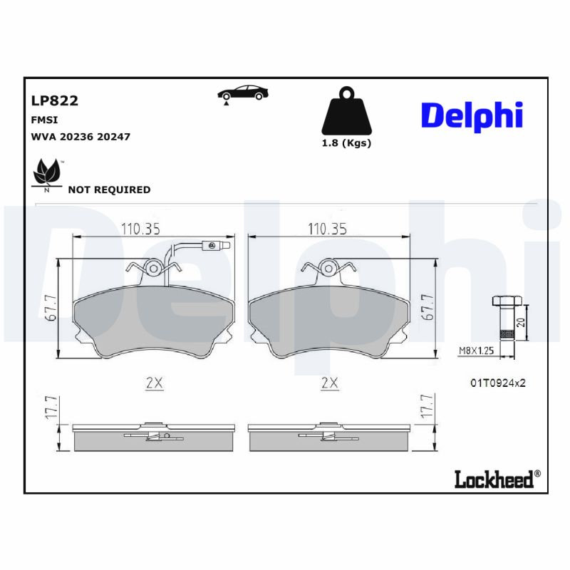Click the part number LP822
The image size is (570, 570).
pyautogui.click(x=55, y=100)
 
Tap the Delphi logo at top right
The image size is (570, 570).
pyautogui.click(x=472, y=115)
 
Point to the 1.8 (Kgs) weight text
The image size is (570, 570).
pyautogui.click(x=347, y=142)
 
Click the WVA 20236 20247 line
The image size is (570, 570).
pyautogui.click(x=80, y=136)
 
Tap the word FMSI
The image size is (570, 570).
pyautogui.click(x=44, y=120)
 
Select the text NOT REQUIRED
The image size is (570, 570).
pyautogui.click(x=109, y=190)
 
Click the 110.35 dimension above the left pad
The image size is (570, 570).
pyautogui.click(x=140, y=229)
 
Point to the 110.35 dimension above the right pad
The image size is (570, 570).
pyautogui.click(x=327, y=229)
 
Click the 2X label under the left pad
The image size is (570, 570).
pyautogui.click(x=154, y=383)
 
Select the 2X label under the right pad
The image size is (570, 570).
pyautogui.click(x=328, y=383)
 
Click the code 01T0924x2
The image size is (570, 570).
pyautogui.click(x=497, y=383)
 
